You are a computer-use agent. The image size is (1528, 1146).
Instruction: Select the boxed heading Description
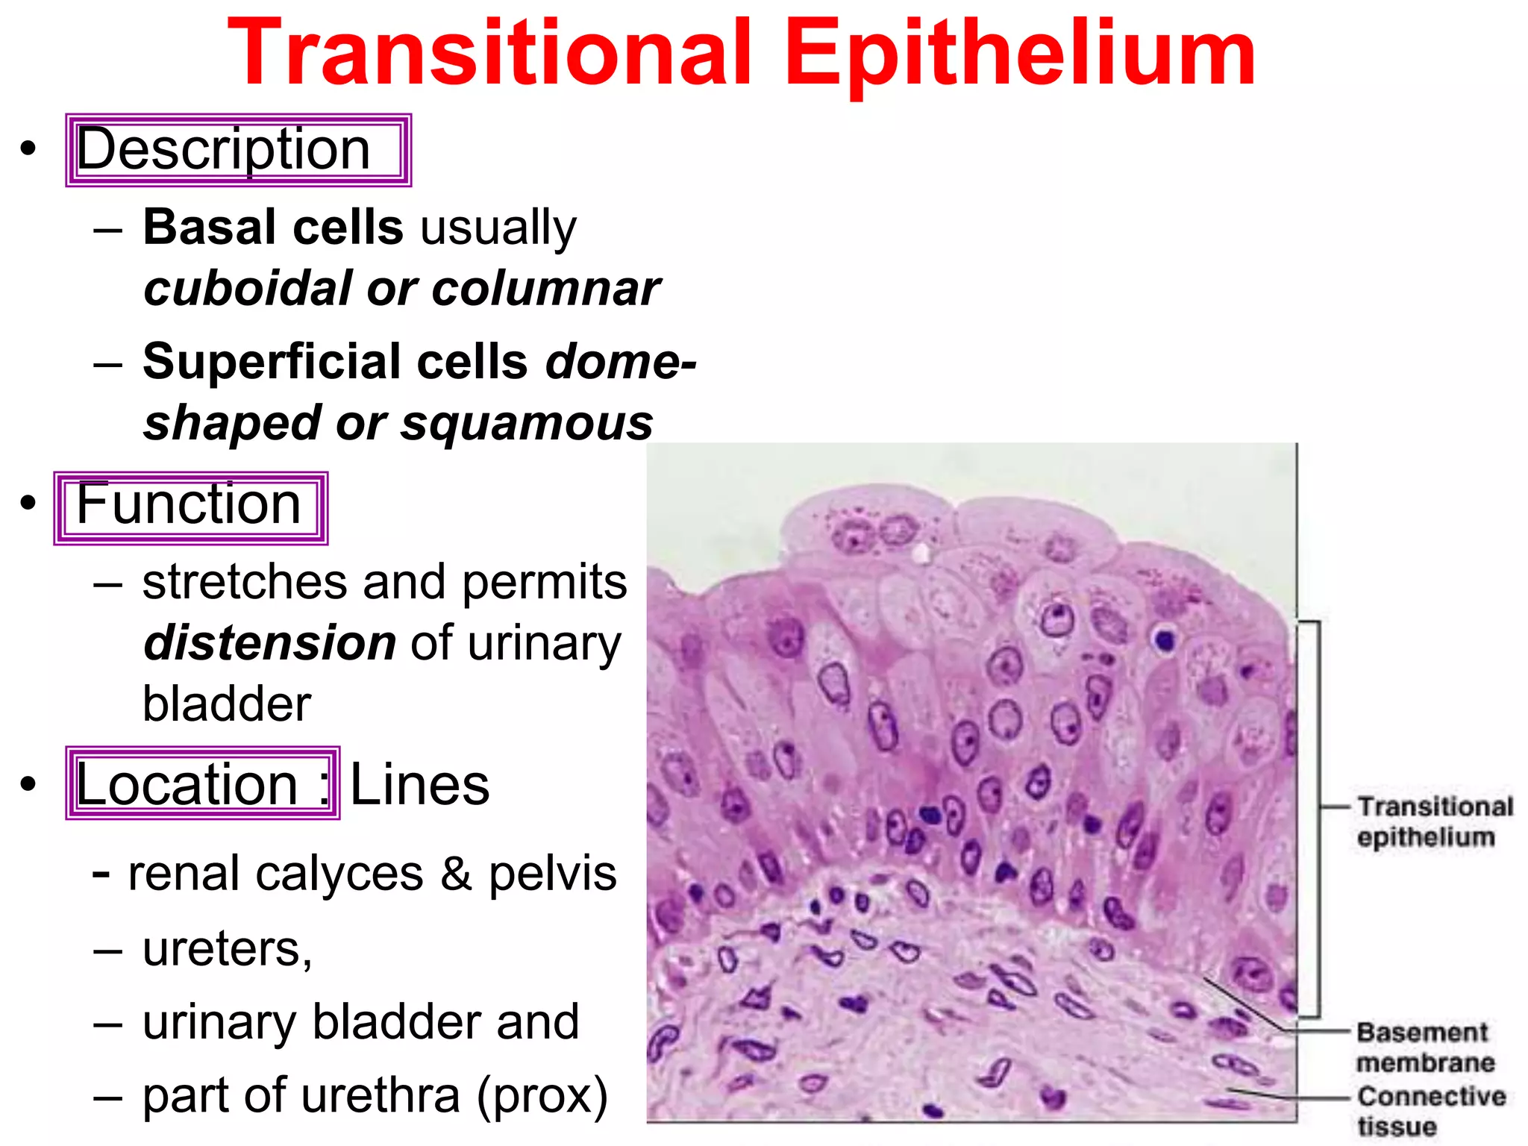(224, 150)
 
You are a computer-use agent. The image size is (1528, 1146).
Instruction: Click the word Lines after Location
(419, 785)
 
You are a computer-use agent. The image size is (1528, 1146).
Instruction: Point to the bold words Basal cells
(273, 227)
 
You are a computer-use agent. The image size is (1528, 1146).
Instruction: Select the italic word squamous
(526, 423)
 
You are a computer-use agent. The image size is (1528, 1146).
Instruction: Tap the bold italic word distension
(269, 643)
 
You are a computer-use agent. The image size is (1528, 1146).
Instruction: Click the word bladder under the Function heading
(226, 704)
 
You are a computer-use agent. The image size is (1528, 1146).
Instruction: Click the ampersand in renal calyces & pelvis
(456, 874)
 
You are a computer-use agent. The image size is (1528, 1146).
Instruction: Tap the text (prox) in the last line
(542, 1096)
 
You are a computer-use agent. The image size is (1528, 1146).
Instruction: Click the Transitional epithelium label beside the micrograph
(1433, 821)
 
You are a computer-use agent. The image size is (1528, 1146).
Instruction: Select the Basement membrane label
(1424, 1048)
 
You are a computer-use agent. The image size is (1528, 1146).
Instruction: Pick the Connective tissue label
(1430, 1110)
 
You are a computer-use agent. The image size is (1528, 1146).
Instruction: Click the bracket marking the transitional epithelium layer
(1318, 817)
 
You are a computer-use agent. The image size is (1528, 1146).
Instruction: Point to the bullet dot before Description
(28, 148)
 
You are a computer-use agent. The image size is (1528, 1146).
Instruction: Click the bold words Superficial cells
(335, 362)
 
